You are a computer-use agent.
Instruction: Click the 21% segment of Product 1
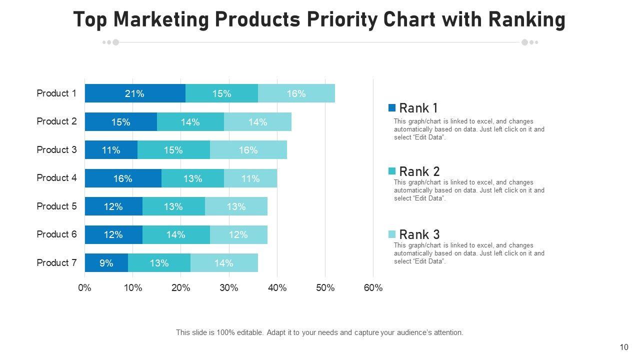coord(135,93)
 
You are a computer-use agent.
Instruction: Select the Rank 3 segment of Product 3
coord(248,150)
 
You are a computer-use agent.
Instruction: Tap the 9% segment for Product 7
coord(106,263)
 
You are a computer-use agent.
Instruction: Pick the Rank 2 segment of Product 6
coord(176,234)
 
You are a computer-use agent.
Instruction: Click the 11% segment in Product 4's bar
coord(250,178)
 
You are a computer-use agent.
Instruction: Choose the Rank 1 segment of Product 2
coord(121,122)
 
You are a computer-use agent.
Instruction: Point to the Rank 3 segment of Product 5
coord(236,206)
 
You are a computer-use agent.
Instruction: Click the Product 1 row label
coord(56,93)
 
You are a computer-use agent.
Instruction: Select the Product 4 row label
coord(56,178)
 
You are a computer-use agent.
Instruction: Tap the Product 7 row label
coord(56,263)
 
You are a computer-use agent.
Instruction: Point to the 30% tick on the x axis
coord(229,288)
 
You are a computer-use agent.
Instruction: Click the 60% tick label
coord(373,288)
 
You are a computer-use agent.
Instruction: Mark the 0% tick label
coord(85,288)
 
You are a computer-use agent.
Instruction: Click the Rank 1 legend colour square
coord(392,107)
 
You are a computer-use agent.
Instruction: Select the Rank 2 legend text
coord(419,171)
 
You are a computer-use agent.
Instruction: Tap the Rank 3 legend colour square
coord(392,234)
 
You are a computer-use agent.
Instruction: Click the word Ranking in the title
coord(526,20)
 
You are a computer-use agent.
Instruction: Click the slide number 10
coord(623,347)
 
